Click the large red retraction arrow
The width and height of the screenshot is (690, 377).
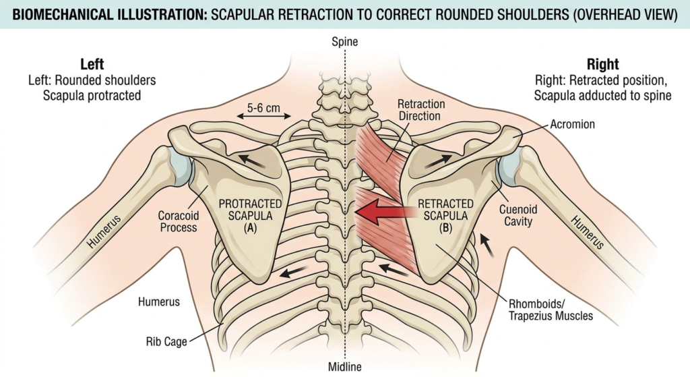[384, 213]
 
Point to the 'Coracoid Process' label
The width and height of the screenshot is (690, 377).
[177, 222]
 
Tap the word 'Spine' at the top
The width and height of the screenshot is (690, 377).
[344, 42]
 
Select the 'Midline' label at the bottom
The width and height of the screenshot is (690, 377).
[344, 367]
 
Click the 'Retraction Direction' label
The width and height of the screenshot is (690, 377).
[421, 110]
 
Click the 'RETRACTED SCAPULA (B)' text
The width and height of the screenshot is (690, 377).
[445, 215]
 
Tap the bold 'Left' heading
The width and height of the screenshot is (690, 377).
[92, 65]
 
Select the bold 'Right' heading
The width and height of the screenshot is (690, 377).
[602, 65]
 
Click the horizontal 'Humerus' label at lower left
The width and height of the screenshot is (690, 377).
[158, 301]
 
